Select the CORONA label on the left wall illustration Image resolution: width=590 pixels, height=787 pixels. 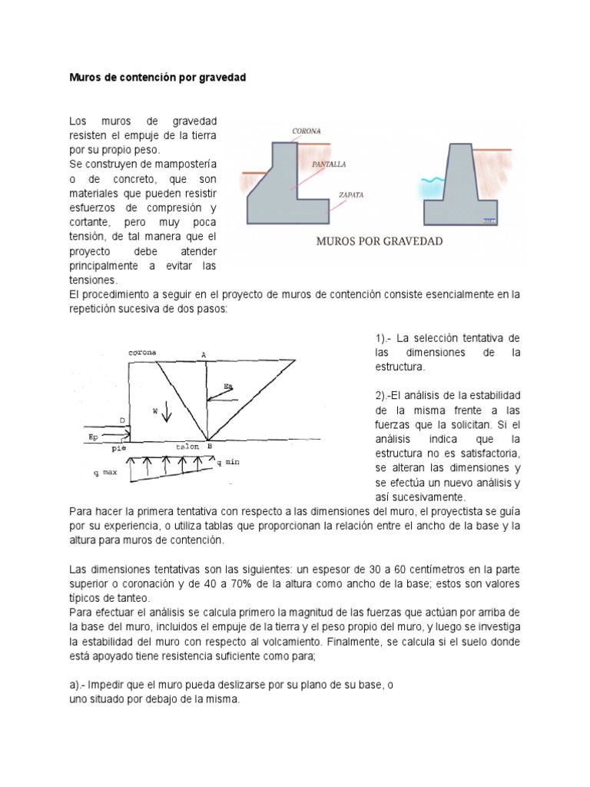coord(307,131)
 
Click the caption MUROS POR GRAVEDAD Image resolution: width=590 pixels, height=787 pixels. coord(380,241)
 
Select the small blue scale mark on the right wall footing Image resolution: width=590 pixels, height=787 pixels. coord(489,221)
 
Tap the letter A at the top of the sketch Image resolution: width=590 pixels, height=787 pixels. coord(204,354)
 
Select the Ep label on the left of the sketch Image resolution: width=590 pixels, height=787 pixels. coord(95,435)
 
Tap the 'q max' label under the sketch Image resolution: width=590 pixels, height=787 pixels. coord(104,473)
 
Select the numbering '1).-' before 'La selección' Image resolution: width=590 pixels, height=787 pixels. coord(385,339)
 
